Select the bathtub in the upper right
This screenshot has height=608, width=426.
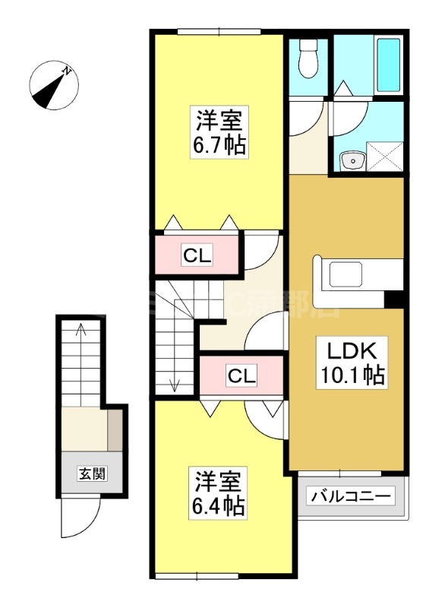[x=388, y=62]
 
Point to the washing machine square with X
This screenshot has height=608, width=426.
[x=386, y=160]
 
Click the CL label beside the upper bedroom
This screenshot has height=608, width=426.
[x=197, y=256]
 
